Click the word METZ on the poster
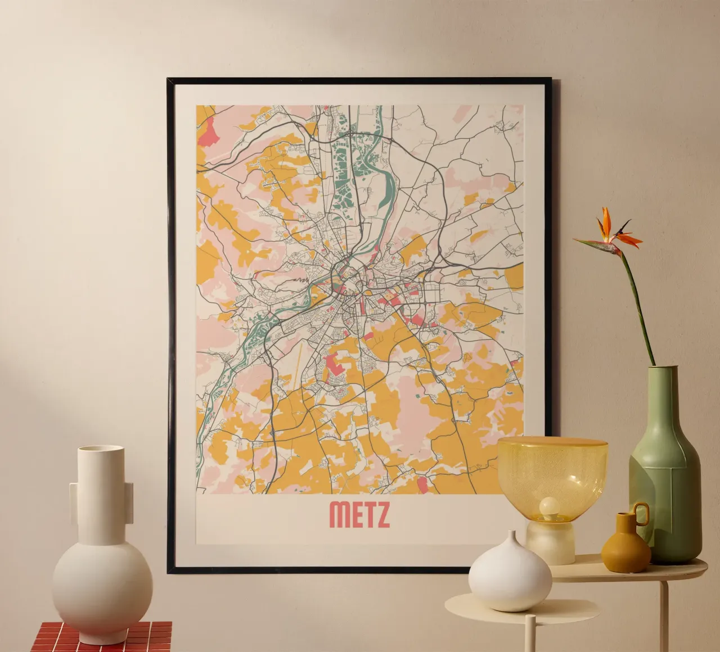click(359, 515)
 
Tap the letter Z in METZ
click(381, 515)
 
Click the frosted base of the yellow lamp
click(551, 542)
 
